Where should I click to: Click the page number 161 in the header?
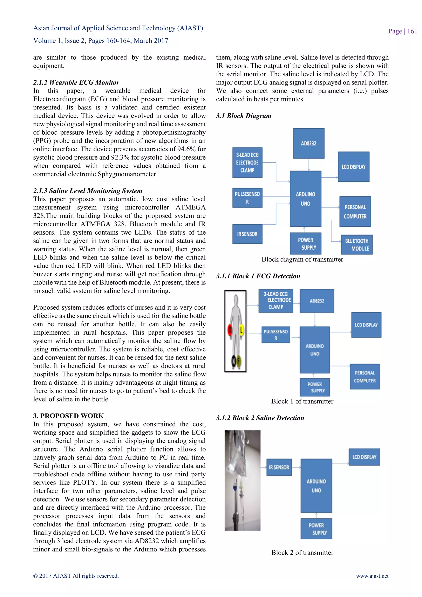coord(412,31)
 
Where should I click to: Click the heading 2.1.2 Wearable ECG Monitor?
coord(76,82)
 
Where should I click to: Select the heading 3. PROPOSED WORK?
coord(68,416)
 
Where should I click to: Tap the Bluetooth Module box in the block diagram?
coord(356,244)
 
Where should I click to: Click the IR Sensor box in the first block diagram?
coord(247,234)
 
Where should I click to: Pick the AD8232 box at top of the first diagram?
coord(308,143)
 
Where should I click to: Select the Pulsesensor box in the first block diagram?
coord(247,198)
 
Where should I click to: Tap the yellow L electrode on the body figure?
coord(241,330)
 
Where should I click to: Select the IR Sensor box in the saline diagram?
coord(279,467)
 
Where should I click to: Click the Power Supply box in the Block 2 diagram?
coord(316,529)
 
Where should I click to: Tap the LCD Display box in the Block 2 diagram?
coord(364,457)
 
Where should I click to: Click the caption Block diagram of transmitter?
coord(302,259)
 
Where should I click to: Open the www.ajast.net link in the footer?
coord(372,576)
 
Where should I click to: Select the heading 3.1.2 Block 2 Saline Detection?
coord(260,418)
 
